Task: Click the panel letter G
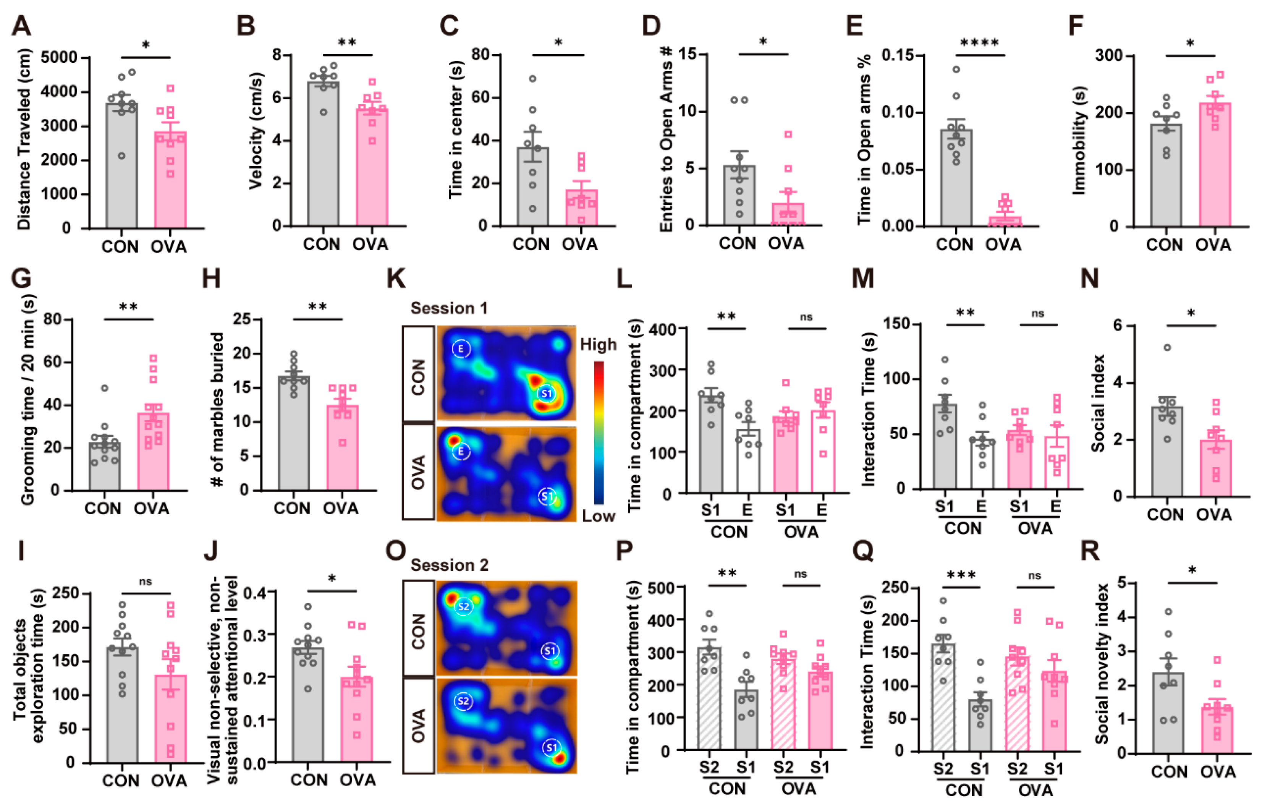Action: point(21,278)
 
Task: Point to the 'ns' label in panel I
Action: point(145,581)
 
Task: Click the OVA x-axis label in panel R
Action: point(1218,772)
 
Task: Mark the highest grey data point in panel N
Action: point(1167,347)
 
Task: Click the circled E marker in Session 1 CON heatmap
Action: point(461,348)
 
